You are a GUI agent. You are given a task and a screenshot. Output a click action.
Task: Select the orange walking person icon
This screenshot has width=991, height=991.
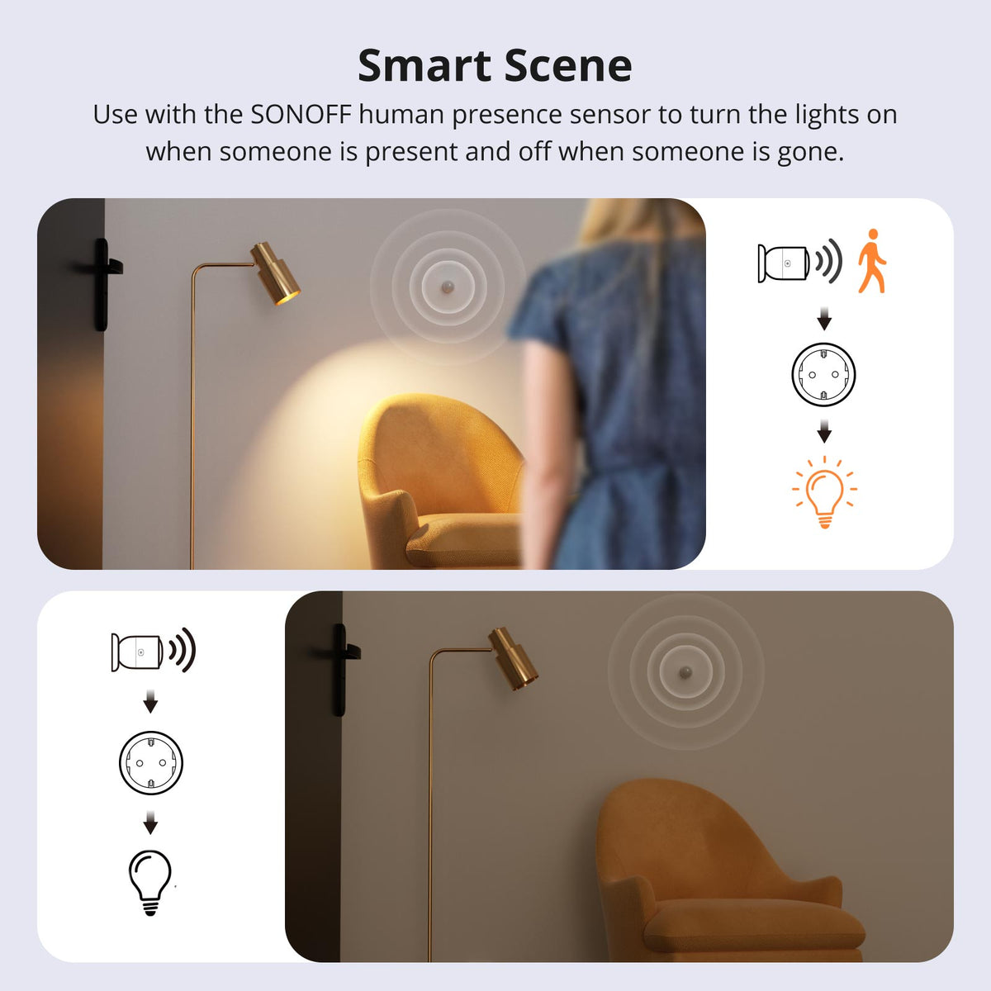click(871, 262)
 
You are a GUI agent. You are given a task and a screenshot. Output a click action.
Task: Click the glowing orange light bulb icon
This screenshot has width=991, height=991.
click(824, 492)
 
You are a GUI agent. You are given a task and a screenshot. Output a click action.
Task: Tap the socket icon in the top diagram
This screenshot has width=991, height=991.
click(823, 374)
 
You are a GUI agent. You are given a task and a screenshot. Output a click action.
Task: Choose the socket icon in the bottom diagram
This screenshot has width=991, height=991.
click(150, 762)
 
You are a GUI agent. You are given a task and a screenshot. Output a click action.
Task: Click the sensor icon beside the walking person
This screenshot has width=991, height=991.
click(782, 263)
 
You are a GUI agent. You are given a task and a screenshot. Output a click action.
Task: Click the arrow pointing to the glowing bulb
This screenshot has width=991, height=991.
click(823, 433)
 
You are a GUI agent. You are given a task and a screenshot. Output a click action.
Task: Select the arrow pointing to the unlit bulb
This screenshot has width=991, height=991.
click(150, 823)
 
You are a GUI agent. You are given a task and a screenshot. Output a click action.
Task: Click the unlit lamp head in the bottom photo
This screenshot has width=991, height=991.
click(513, 658)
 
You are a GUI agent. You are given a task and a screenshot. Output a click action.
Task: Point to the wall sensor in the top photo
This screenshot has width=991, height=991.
click(448, 286)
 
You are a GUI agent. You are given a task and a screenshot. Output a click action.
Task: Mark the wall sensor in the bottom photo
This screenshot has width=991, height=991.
click(685, 671)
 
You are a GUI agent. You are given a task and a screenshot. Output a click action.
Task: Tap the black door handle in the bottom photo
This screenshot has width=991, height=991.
click(340, 668)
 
